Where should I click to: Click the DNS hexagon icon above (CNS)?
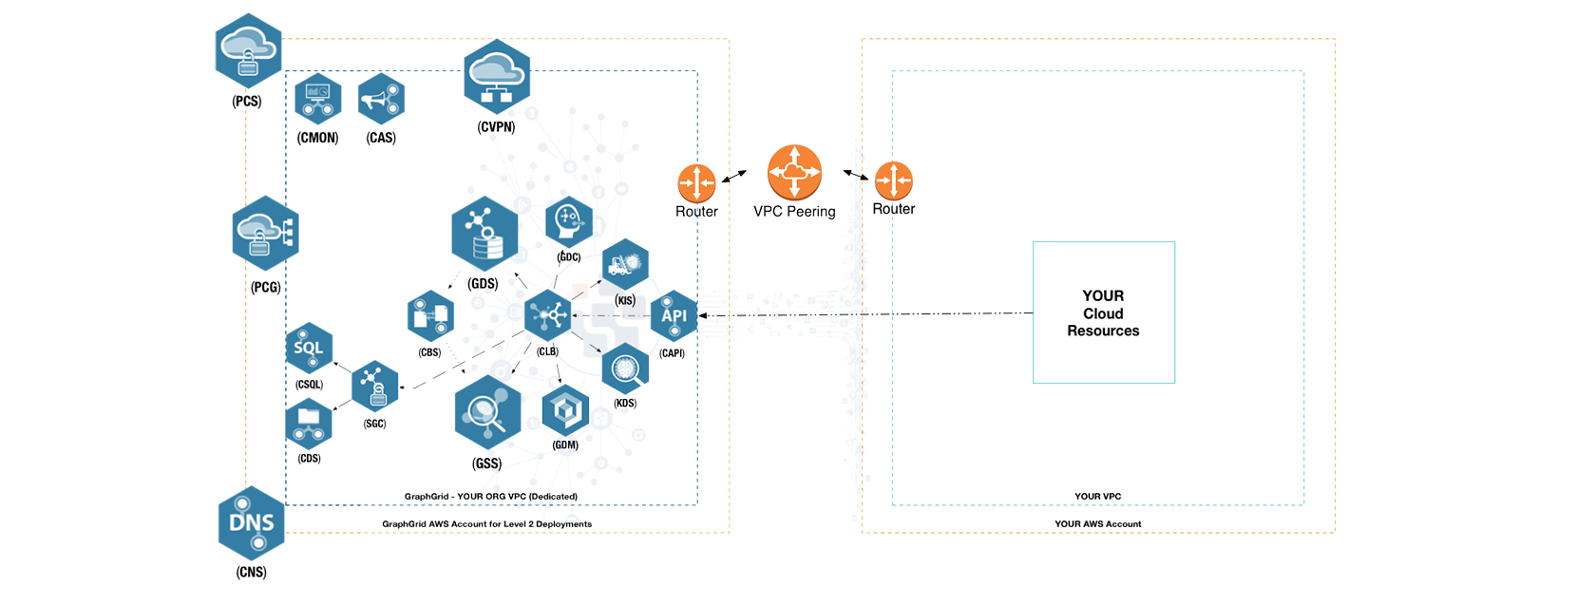tap(252, 522)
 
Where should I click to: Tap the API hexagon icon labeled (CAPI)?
tap(674, 315)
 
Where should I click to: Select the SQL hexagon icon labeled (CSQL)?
tap(309, 349)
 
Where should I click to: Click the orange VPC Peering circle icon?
tap(794, 172)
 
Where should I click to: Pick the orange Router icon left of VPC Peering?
tap(696, 182)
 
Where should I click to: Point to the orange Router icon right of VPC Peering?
tap(893, 180)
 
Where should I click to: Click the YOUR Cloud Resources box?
tap(1103, 312)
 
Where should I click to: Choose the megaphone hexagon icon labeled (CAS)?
tap(381, 99)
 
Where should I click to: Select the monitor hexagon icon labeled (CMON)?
tap(317, 99)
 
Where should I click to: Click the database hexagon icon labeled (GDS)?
tap(484, 235)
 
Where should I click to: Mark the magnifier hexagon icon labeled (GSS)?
tap(487, 412)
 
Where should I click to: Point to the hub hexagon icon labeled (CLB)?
tap(548, 315)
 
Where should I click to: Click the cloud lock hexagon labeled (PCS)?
tap(248, 51)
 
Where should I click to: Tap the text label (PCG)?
tap(266, 287)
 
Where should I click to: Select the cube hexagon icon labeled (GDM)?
tap(565, 410)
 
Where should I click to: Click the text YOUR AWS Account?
tap(1097, 523)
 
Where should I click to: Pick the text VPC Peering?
tap(794, 212)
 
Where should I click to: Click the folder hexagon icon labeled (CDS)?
tap(309, 424)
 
